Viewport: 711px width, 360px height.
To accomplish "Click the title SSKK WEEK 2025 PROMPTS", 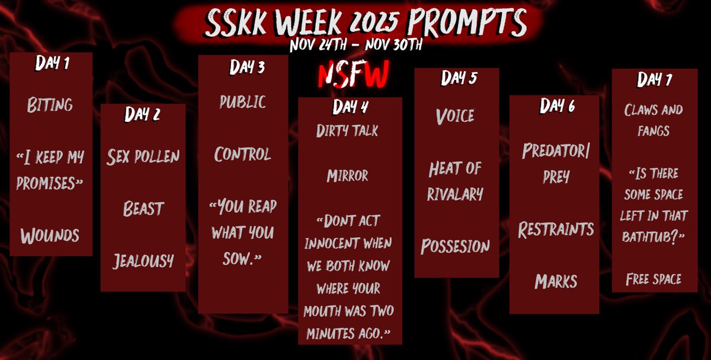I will click(x=366, y=23).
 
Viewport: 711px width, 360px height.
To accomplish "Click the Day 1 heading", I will click(x=52, y=64).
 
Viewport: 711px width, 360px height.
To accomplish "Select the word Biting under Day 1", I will click(x=50, y=105).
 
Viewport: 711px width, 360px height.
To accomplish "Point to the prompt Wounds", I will click(x=50, y=236).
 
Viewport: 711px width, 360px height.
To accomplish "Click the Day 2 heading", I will click(x=142, y=114).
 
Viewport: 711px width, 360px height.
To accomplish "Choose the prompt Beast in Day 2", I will click(x=143, y=208).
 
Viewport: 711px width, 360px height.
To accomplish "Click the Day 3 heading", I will click(x=247, y=67).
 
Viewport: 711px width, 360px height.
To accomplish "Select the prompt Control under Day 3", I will click(x=243, y=155).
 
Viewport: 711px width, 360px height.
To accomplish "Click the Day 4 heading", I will click(x=351, y=107).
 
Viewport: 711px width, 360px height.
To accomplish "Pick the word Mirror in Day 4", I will click(x=347, y=175).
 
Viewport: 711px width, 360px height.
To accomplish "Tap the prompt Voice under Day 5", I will click(x=455, y=115).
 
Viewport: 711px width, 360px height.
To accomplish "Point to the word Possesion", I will click(x=455, y=246).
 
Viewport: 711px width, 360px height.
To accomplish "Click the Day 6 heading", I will click(x=558, y=105).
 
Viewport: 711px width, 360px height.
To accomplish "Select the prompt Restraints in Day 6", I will click(x=556, y=229).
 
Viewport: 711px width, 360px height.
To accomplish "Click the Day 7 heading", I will click(x=655, y=79).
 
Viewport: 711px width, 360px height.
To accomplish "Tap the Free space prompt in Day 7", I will click(x=654, y=278).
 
